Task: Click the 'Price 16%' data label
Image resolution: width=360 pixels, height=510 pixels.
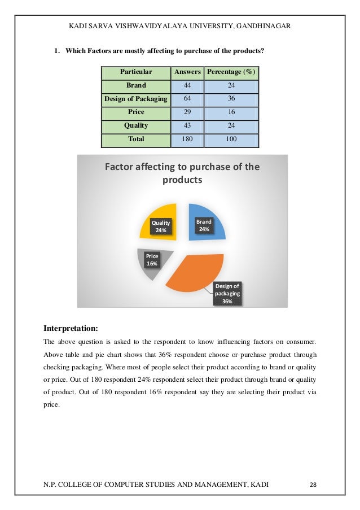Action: point(152,260)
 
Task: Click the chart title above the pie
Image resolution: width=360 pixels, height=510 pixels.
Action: point(182,173)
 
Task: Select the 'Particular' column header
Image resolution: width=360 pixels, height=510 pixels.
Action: point(136,72)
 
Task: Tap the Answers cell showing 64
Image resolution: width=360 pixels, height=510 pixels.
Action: point(187,99)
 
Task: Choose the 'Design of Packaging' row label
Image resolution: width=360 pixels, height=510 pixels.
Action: point(136,99)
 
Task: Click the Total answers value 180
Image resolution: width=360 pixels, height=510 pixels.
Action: point(187,139)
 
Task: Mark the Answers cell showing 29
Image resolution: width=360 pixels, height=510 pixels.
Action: point(187,112)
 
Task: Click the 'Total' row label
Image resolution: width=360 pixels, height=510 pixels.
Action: point(136,139)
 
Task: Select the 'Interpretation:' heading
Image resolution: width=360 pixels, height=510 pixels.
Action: point(71,328)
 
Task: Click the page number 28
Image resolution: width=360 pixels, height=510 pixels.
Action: point(314,485)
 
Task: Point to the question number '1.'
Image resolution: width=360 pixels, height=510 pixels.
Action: point(57,51)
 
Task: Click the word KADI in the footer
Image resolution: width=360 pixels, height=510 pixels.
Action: point(258,485)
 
